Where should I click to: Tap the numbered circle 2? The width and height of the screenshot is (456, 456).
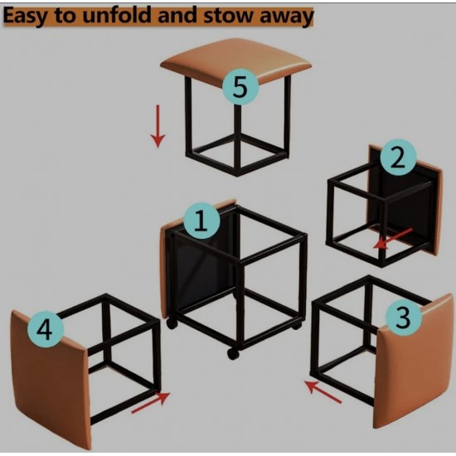click(398, 158)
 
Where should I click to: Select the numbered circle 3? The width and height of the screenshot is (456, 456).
click(402, 316)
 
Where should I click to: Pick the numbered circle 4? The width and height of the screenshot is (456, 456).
click(47, 331)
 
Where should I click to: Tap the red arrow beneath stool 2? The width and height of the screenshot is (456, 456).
click(391, 239)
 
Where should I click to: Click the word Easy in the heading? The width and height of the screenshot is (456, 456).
click(33, 16)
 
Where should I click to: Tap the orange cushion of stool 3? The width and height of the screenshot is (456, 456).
click(408, 373)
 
